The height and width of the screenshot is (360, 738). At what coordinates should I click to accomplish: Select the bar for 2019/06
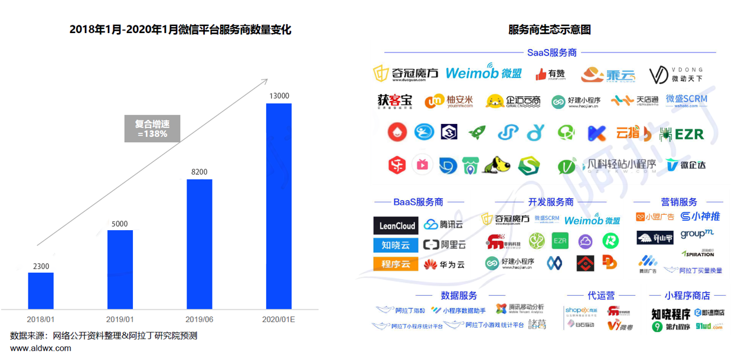[x=200, y=244]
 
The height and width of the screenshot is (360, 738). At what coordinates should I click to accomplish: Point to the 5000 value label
[x=120, y=224]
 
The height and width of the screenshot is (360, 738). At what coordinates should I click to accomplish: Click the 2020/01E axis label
[x=279, y=319]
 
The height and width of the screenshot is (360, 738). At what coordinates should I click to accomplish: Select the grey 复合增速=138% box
[x=152, y=129]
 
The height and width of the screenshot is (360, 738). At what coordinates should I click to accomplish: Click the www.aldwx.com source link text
[x=41, y=348]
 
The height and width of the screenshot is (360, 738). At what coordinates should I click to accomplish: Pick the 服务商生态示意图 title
[x=549, y=30]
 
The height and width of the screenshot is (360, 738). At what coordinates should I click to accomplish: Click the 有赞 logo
[x=550, y=74]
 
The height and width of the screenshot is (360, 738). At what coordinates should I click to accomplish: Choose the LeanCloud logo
[x=396, y=225]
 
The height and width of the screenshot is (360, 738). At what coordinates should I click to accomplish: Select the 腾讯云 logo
[x=444, y=225]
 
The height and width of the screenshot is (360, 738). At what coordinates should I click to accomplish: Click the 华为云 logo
[x=444, y=264]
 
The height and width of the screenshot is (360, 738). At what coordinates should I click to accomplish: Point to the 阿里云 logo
[x=444, y=244]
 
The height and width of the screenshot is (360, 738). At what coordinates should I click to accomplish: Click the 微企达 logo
[x=686, y=165]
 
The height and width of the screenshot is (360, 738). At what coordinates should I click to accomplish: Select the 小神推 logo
[x=700, y=217]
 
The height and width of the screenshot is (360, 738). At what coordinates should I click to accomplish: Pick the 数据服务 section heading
[x=459, y=295]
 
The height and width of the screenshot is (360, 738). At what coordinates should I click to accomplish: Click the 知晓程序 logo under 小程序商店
[x=671, y=313]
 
